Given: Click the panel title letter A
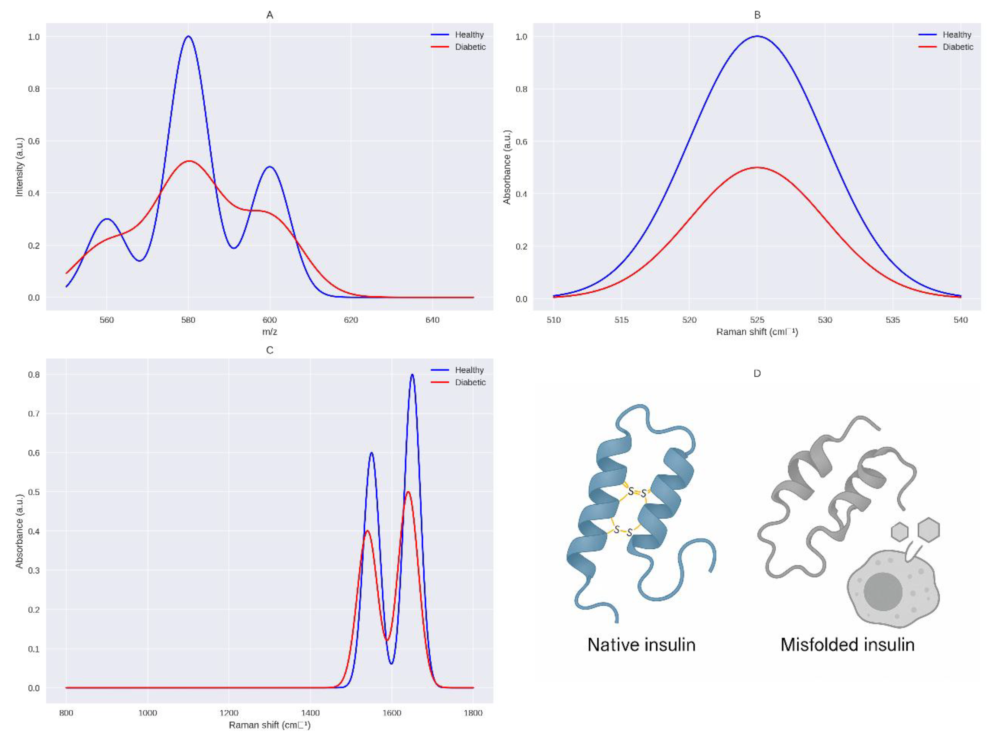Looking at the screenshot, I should click(270, 15).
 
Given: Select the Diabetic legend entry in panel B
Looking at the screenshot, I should click(957, 47).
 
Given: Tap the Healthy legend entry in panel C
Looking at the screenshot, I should click(469, 370).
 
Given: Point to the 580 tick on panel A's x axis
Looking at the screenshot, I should click(188, 320).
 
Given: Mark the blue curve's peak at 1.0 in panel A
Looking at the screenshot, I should click(188, 37).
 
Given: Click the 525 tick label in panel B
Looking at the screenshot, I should click(757, 320).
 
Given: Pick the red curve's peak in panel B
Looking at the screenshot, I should click(757, 168).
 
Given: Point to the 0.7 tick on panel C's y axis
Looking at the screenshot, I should click(34, 414).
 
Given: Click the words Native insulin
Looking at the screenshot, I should click(641, 645).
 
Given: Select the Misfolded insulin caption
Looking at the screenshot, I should click(847, 645).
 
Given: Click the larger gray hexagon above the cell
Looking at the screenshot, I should click(929, 530).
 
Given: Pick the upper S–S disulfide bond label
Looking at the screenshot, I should click(637, 492).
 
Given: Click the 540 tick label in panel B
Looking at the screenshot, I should click(961, 320).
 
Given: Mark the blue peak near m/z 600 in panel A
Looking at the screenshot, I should click(270, 167).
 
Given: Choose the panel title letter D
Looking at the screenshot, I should click(757, 374).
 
